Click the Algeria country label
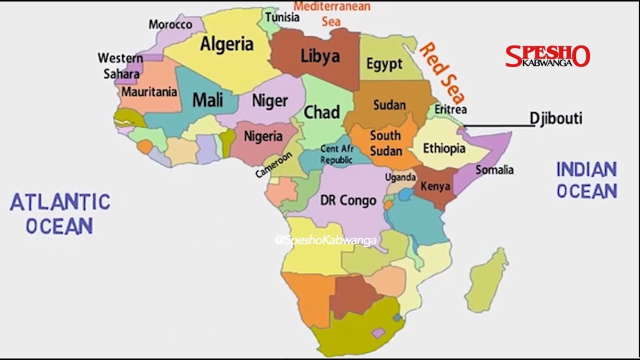(x=226, y=44)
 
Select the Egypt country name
(x=384, y=64)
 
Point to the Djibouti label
(x=556, y=118)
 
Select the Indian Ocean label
(x=586, y=180)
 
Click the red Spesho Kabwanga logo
(x=547, y=56)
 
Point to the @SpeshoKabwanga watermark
(x=325, y=240)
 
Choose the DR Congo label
(x=348, y=201)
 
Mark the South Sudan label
(x=385, y=142)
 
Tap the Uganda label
(x=400, y=177)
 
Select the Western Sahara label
(x=120, y=65)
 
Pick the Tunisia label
(x=282, y=17)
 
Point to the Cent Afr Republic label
(x=336, y=154)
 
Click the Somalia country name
(x=494, y=170)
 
